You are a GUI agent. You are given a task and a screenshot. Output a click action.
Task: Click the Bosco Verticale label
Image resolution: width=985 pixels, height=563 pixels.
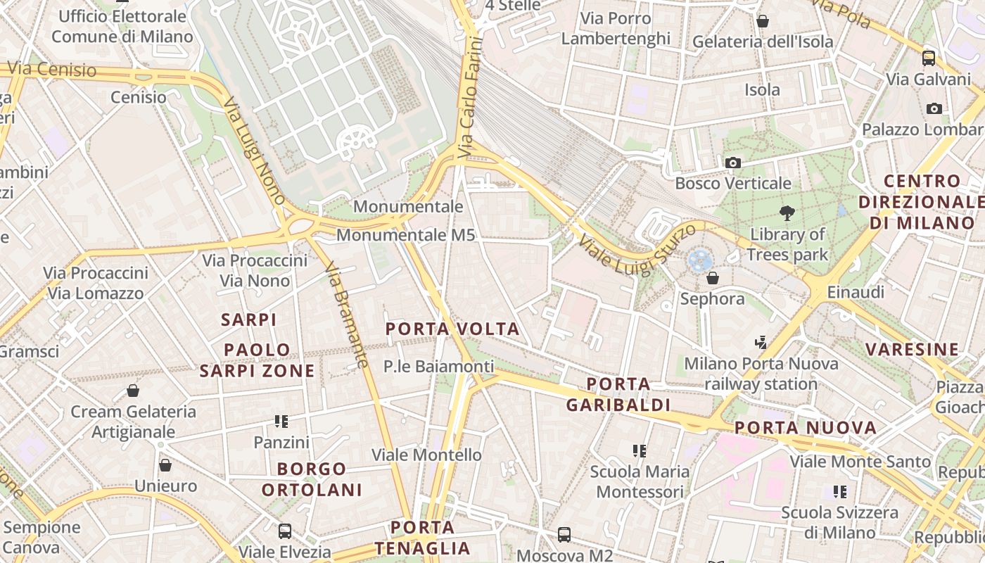pos(733,184)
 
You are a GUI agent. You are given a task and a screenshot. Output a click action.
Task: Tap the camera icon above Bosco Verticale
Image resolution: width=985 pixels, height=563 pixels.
pos(733,163)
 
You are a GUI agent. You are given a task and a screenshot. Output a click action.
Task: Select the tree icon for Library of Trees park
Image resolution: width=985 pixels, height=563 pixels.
pos(787,213)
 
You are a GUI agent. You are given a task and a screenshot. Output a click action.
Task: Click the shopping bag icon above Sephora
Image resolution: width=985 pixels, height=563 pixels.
pos(712,278)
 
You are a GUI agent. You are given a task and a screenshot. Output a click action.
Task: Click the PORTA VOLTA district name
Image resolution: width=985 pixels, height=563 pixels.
pos(452,329)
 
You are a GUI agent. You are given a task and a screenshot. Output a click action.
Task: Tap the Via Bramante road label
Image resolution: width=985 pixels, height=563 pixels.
pos(348,315)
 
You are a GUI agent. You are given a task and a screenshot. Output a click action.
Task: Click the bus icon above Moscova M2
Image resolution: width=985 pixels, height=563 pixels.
pos(564,535)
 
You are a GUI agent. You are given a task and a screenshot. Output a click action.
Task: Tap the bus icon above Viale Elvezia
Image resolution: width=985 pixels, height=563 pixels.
pos(285,531)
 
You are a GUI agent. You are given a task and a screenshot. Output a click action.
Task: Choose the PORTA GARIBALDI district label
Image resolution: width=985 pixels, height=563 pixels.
pos(618,395)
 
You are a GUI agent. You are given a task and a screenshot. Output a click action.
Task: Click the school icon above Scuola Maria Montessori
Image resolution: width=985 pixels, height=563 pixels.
pos(639,450)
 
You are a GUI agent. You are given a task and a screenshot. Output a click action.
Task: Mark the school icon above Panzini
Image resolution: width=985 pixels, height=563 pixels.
pos(281,422)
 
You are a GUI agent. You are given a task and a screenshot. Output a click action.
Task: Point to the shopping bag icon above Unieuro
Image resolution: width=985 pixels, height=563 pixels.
pos(165,465)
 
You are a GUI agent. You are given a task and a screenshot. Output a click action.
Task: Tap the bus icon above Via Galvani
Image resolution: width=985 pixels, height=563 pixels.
pos(929,58)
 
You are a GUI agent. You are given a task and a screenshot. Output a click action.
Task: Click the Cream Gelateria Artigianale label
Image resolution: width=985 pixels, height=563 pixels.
pos(133,422)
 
